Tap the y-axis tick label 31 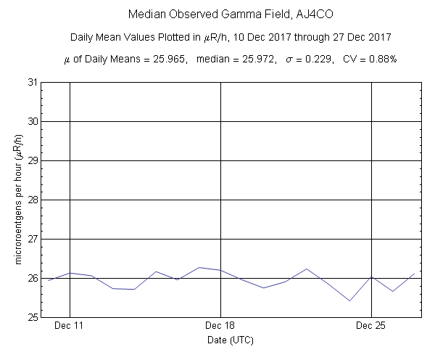tap(33, 82)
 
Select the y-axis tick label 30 tap(33, 121)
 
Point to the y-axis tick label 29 tap(33, 160)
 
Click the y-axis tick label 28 tap(33, 200)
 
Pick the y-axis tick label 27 tap(33, 239)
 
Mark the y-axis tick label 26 tap(33, 278)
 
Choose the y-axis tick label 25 tap(33, 317)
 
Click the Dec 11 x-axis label tap(70, 327)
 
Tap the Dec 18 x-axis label tap(220, 327)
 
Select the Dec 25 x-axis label tap(370, 327)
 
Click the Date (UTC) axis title tap(230, 340)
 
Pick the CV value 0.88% tap(380, 58)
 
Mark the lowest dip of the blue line tap(350, 300)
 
